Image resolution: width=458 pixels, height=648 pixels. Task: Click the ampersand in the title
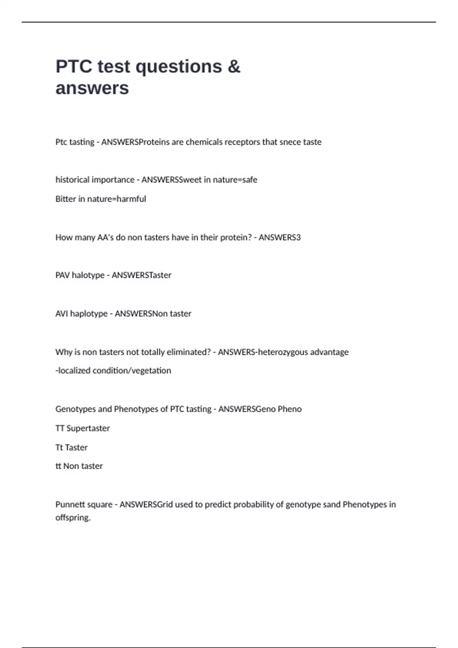click(234, 66)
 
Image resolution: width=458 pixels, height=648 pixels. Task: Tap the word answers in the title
click(92, 88)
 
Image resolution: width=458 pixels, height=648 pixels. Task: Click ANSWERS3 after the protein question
click(280, 237)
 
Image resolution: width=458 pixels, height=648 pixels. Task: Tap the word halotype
click(88, 275)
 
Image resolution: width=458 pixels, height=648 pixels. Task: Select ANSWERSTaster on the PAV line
click(141, 275)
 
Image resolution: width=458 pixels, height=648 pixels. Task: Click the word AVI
click(61, 313)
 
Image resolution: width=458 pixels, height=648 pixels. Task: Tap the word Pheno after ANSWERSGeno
click(290, 409)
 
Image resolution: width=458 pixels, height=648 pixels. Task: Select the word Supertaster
click(88, 428)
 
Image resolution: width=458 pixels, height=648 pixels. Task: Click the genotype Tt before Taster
click(59, 447)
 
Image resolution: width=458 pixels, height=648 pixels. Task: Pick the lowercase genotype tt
click(58, 466)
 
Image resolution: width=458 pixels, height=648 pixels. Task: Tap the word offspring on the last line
click(73, 518)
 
